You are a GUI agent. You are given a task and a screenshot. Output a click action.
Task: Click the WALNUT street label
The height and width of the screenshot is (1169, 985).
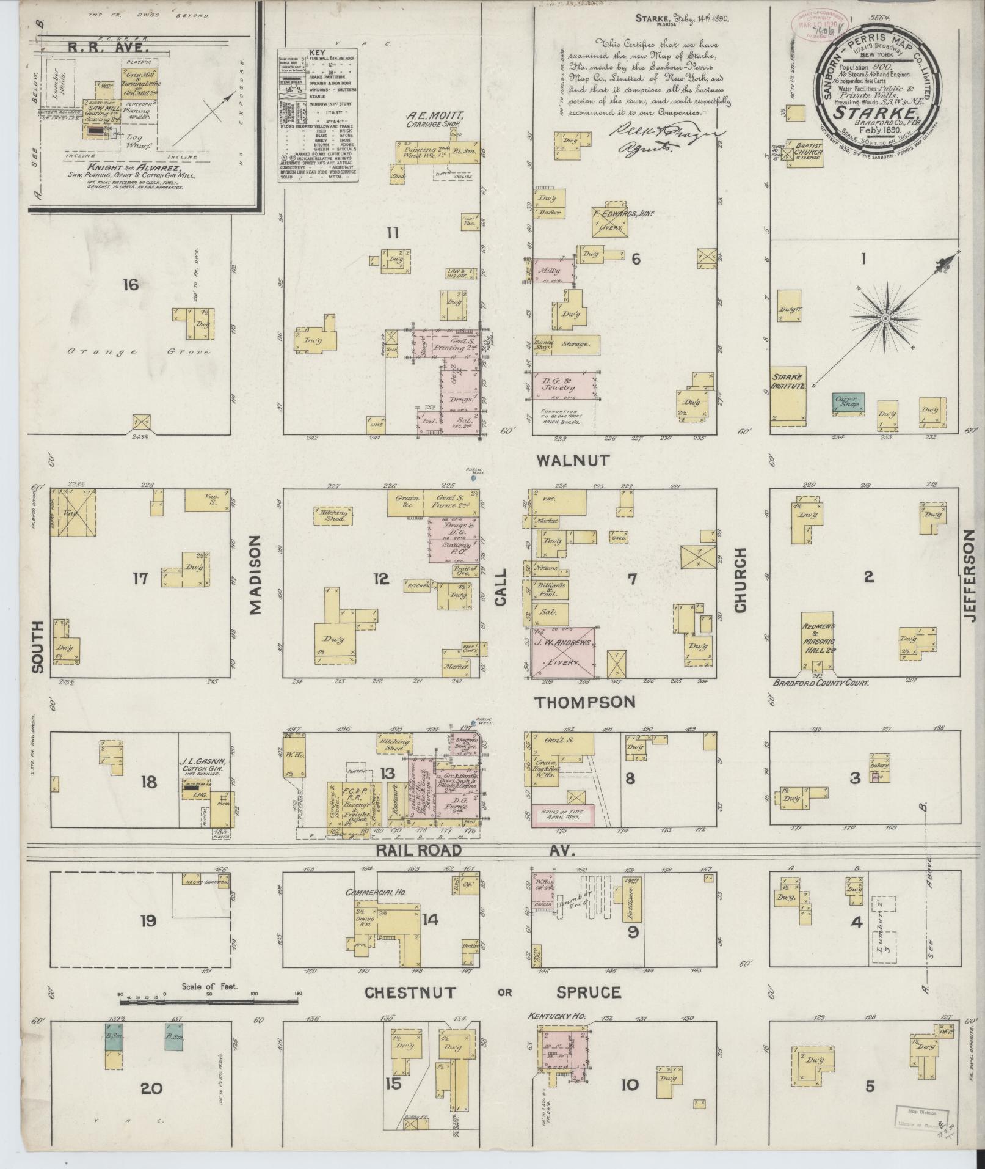pos(572,460)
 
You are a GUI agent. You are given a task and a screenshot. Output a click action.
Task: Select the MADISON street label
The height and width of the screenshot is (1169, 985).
pos(255,574)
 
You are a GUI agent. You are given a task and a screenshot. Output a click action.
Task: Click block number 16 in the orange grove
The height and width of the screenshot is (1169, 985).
pos(131,285)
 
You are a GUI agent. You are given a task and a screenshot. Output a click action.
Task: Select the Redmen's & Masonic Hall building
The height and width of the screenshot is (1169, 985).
pos(819,642)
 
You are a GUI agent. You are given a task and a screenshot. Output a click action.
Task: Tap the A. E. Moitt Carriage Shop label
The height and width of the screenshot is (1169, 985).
pos(434,119)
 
